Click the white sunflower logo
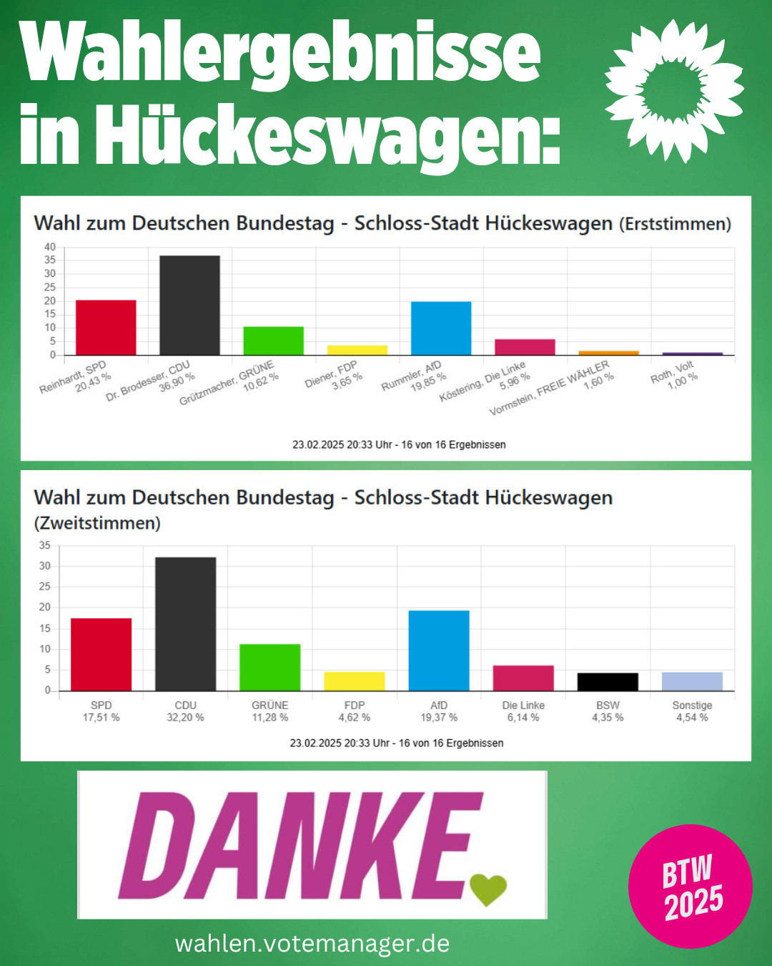[x=673, y=90]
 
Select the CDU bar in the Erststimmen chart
[x=189, y=305]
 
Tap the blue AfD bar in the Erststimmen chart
[x=441, y=328]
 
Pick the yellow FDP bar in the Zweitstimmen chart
[x=355, y=681]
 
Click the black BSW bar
[x=608, y=682]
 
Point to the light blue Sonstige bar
[x=692, y=681]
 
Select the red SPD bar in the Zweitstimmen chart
[x=101, y=654]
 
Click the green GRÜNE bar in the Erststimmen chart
[x=273, y=341]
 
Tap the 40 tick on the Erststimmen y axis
[x=50, y=247]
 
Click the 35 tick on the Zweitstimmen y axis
[x=45, y=545]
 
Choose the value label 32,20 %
[x=185, y=718]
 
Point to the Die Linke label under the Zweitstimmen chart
[x=523, y=706]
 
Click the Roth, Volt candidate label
[x=672, y=371]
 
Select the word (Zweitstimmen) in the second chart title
[x=97, y=523]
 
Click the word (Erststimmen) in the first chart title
[x=675, y=224]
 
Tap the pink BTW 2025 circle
[x=690, y=886]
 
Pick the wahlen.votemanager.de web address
[x=312, y=943]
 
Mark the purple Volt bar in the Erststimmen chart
[x=692, y=353]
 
